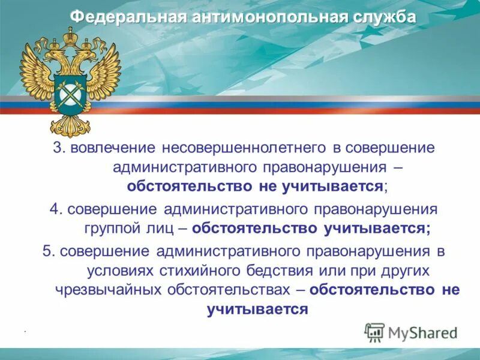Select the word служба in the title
[x=381, y=17]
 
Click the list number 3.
[x=59, y=147]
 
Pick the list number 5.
[x=48, y=250]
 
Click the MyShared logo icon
[x=375, y=332]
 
